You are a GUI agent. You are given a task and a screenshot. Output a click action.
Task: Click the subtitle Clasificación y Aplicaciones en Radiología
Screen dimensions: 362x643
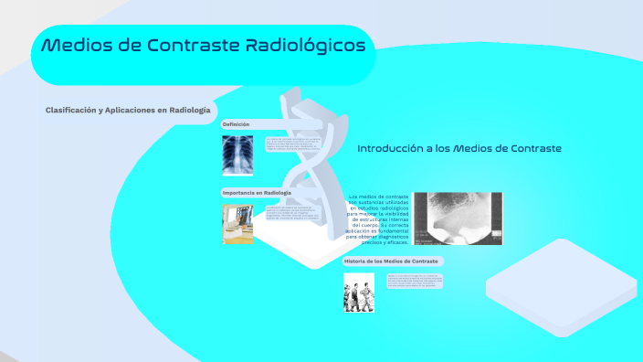(x=121, y=110)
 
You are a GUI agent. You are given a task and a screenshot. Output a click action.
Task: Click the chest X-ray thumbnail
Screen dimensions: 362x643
(x=239, y=154)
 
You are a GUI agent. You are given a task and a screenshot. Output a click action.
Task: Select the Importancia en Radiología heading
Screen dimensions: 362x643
(x=257, y=193)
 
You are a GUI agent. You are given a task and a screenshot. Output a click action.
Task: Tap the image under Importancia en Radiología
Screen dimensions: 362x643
(x=238, y=224)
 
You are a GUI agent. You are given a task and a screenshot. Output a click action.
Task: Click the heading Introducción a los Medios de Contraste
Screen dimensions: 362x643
(x=459, y=148)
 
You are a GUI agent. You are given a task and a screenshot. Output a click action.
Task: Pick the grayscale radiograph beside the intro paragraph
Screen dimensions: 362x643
(x=458, y=218)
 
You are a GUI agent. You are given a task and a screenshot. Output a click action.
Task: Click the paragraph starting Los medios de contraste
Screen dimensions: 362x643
(x=377, y=219)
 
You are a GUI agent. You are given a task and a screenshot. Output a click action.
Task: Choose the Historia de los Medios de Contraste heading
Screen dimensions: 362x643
(x=391, y=261)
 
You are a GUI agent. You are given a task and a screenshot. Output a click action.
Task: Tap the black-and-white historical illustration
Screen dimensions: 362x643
(x=359, y=293)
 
